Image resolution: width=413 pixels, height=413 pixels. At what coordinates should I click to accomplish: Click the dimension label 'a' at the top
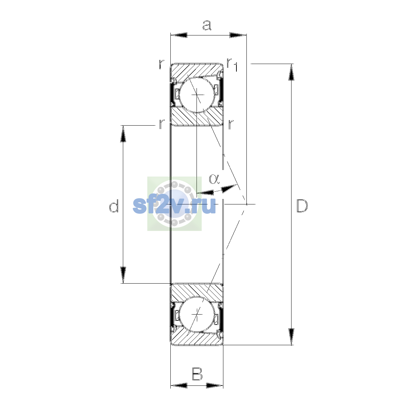pos(207,25)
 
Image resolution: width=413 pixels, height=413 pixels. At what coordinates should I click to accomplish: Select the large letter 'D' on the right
pos(302,206)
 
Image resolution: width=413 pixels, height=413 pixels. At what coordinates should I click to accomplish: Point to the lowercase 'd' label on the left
pos(114,206)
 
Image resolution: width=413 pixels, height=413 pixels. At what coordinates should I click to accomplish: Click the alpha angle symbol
pos(214,179)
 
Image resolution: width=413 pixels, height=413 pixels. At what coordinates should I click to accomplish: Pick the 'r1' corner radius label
pos(232,64)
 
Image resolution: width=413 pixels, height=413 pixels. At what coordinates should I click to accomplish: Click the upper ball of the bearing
pos(197,95)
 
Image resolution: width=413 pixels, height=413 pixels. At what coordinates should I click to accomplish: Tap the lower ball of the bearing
pos(197,315)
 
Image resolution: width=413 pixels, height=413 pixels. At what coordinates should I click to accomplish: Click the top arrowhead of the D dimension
pos(291,72)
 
